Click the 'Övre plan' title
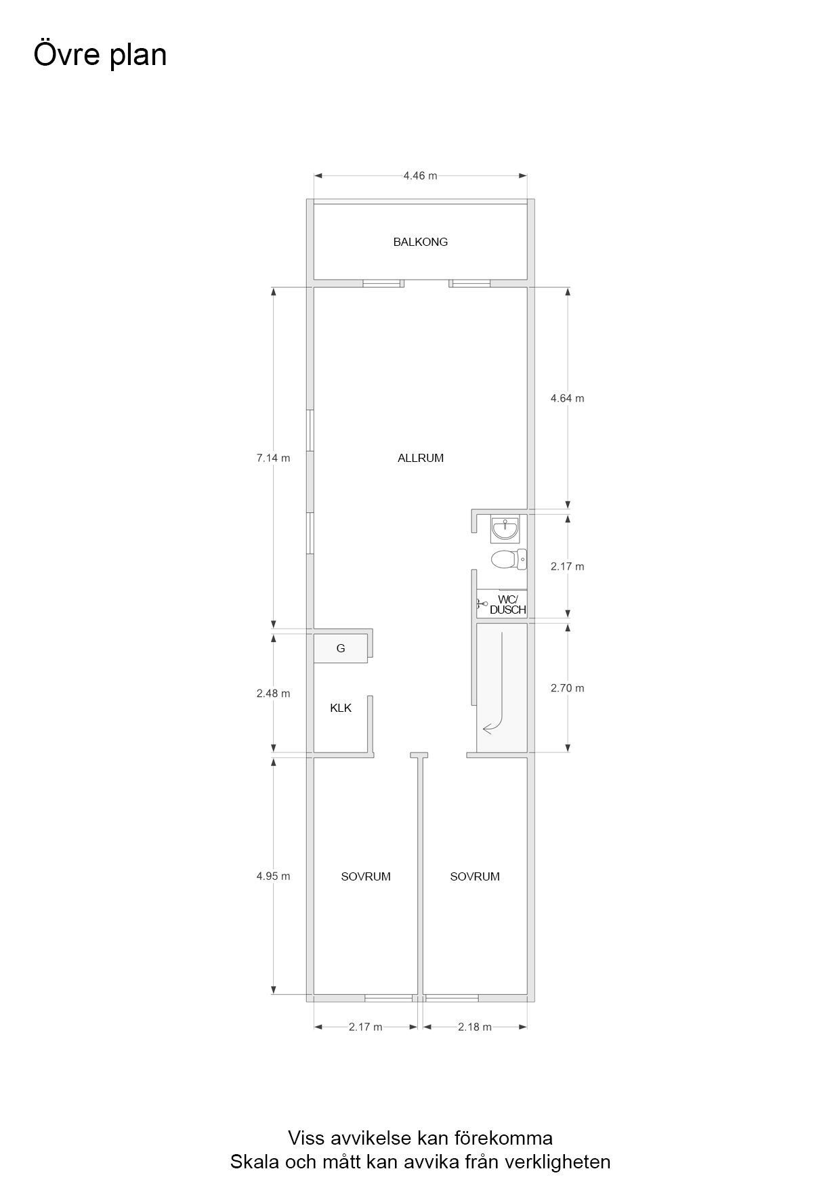click(100, 55)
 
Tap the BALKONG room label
click(420, 242)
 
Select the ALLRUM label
click(420, 458)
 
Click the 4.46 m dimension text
click(420, 175)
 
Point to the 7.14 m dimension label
click(273, 458)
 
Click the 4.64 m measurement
click(567, 398)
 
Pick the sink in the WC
click(505, 528)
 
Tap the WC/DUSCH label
click(508, 604)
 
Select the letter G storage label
click(341, 648)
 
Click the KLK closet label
click(341, 708)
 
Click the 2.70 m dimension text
click(567, 688)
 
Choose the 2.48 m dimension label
click(273, 694)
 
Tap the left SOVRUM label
click(366, 876)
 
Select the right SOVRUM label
click(475, 876)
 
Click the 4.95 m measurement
click(273, 876)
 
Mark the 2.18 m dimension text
click(474, 1027)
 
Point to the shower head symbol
click(482, 603)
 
